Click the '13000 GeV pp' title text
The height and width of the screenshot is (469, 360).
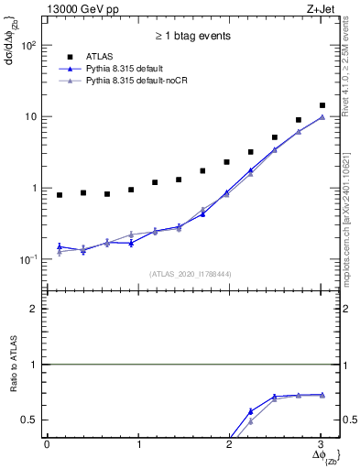pyautogui.click(x=81, y=9)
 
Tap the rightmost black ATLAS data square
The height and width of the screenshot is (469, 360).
pyautogui.click(x=322, y=105)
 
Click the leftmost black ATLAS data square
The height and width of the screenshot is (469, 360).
pyautogui.click(x=60, y=195)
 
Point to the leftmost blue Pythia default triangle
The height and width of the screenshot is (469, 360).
pyautogui.click(x=60, y=245)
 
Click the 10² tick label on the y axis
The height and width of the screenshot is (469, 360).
pyautogui.click(x=28, y=45)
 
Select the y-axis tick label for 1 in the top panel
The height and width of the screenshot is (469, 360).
pyautogui.click(x=34, y=188)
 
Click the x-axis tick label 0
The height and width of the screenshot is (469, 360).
pyautogui.click(x=47, y=444)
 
